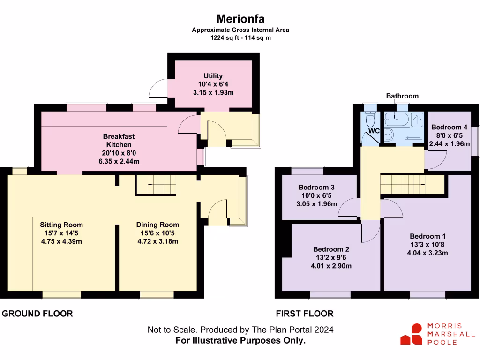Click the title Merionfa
[x=240, y=19]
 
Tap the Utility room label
[x=213, y=76]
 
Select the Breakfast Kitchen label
[x=119, y=141]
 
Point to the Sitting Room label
[x=61, y=225]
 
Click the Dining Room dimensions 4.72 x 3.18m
[x=157, y=241]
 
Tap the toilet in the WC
[x=370, y=120]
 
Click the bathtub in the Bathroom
[x=397, y=119]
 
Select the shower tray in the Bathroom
[x=417, y=120]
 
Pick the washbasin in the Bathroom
[x=389, y=135]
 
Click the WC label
[x=374, y=131]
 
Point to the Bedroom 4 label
[x=449, y=127]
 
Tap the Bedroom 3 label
[x=316, y=187]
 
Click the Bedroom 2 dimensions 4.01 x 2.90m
[x=331, y=266]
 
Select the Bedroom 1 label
[x=427, y=236]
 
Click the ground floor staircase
[x=156, y=185]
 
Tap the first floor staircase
[x=412, y=184]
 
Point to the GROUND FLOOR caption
[x=37, y=314]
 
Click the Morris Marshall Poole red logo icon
[x=411, y=334]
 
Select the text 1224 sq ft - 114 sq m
[x=240, y=37]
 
